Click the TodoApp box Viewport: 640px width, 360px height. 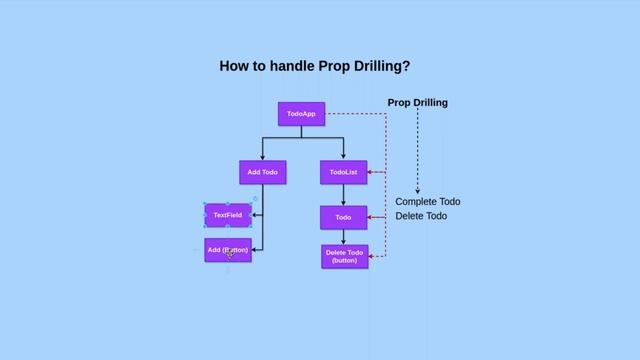[x=301, y=114]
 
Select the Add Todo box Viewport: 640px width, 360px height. [x=263, y=172]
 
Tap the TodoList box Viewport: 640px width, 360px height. [x=344, y=172]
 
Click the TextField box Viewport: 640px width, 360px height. [x=227, y=215]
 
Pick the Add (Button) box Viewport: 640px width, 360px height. [x=227, y=250]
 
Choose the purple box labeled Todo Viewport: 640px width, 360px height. [x=343, y=217]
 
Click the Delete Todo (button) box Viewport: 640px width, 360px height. [x=344, y=256]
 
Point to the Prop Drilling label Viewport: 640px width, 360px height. [x=417, y=103]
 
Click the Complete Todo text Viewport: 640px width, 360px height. [x=427, y=201]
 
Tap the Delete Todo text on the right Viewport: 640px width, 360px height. [x=421, y=216]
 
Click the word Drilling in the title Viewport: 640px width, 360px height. [x=377, y=67]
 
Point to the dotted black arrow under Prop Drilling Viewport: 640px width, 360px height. [x=417, y=150]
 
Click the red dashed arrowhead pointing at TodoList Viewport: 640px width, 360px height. [x=372, y=173]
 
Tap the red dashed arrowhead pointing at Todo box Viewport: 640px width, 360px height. [x=370, y=217]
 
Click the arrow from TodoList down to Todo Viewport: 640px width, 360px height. [x=343, y=195]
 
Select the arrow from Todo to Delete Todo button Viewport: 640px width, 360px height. [x=343, y=237]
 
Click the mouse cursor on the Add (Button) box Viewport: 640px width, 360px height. [x=229, y=253]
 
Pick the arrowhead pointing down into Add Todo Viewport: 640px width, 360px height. [x=263, y=156]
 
